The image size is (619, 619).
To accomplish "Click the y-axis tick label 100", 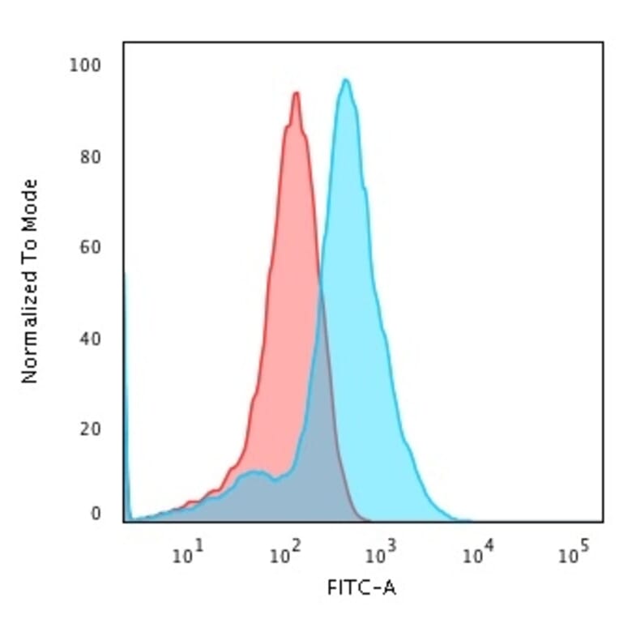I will [84, 66].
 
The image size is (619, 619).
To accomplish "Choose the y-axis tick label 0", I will [96, 514].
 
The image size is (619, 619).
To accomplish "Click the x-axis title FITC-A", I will [361, 588].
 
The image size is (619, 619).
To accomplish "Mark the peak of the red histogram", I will [296, 93].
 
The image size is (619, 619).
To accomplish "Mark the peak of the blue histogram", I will [346, 79].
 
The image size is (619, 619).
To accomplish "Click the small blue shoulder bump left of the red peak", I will [256, 472].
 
